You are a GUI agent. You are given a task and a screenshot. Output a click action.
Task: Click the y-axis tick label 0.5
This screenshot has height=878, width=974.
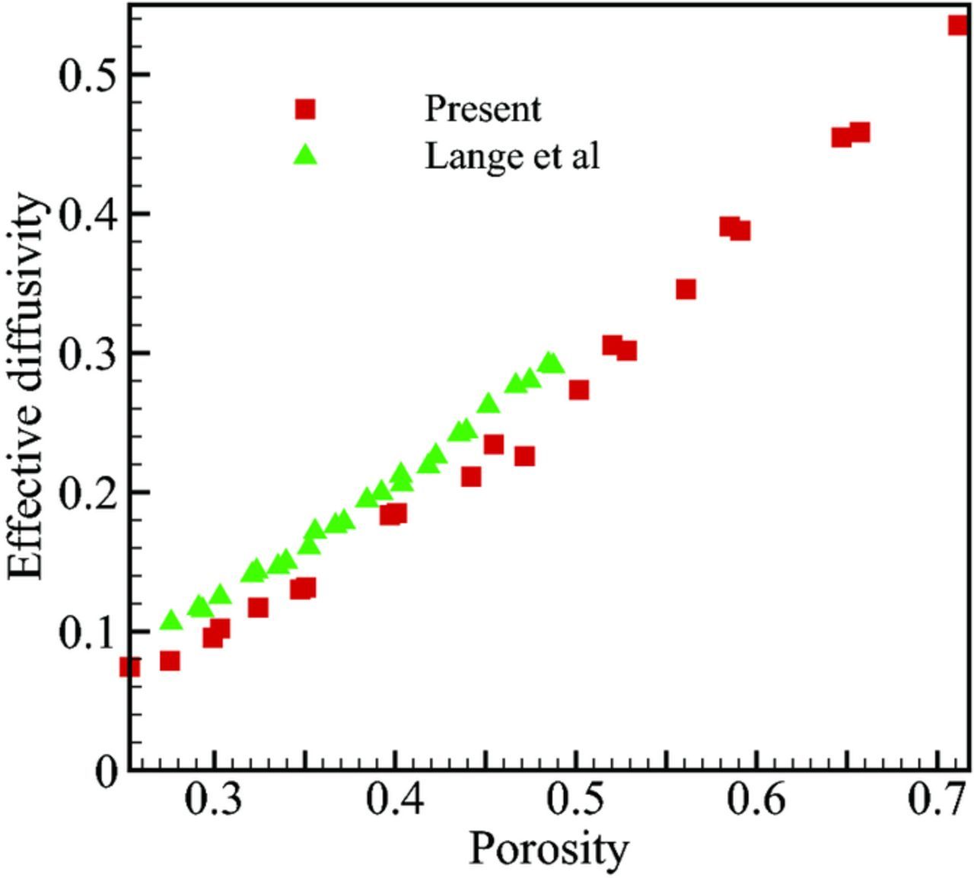point(84,75)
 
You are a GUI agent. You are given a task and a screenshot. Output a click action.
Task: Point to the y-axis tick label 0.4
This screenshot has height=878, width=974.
point(84,214)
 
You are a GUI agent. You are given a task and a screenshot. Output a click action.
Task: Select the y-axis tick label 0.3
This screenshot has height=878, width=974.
point(84,353)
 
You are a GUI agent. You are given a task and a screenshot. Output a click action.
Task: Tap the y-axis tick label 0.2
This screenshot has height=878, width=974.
point(84,492)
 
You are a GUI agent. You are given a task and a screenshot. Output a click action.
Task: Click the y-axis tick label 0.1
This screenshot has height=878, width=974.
point(84,631)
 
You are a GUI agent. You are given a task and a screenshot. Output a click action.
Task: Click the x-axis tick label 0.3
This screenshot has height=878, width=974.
point(215,803)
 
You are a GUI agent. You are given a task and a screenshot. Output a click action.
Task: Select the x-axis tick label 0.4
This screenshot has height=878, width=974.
point(395,803)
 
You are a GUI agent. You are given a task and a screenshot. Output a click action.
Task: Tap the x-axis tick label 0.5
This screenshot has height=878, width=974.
point(576,803)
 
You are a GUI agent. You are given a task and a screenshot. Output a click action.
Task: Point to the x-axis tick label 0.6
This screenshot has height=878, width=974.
point(756,803)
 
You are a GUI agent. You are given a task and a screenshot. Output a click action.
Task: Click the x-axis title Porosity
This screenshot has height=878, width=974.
point(549,849)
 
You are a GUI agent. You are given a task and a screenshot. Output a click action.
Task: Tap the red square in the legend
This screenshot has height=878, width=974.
point(305,110)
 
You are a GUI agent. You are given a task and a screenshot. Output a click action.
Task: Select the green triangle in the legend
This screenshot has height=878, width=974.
point(306,155)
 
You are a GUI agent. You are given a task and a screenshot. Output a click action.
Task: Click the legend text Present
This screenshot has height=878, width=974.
point(482,109)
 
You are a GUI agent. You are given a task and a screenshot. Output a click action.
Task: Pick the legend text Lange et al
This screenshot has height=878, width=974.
point(512,156)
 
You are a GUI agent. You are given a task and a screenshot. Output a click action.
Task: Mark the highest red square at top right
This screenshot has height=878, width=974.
point(958,25)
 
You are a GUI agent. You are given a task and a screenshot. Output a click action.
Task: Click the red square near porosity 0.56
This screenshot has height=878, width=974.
point(686,289)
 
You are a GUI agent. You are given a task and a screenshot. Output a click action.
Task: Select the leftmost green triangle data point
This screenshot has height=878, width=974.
point(172,620)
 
